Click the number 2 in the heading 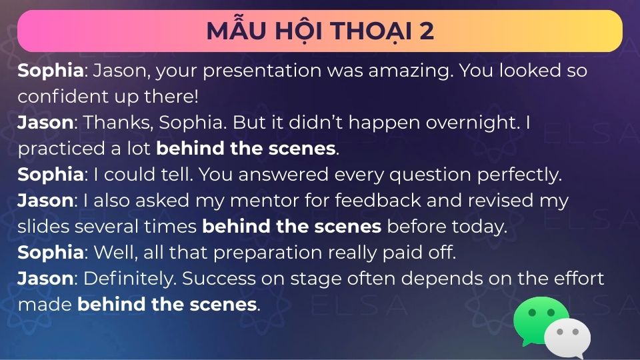pos(426,31)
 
